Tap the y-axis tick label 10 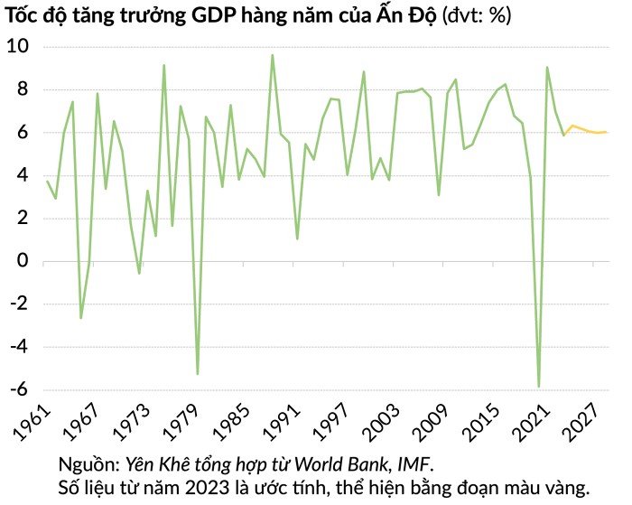click(x=18, y=46)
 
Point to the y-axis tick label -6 click(x=19, y=389)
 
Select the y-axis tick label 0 click(x=23, y=260)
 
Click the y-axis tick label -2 click(x=19, y=304)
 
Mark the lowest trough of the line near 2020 click(x=539, y=387)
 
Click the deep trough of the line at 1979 click(x=198, y=374)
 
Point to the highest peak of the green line click(x=273, y=55)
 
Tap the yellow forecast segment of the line click(x=585, y=129)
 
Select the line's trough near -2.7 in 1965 click(x=81, y=318)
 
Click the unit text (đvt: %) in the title click(x=477, y=16)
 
